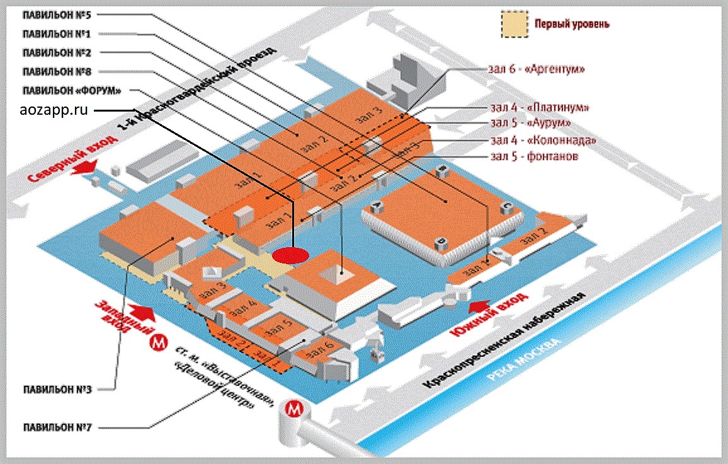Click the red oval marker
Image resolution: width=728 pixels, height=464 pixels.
coord(291,255)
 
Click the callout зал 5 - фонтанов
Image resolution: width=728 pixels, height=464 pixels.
coord(533,156)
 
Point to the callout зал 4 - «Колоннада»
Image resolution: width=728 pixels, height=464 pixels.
coord(542,139)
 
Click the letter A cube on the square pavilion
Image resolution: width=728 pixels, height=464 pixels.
coord(378,205)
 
